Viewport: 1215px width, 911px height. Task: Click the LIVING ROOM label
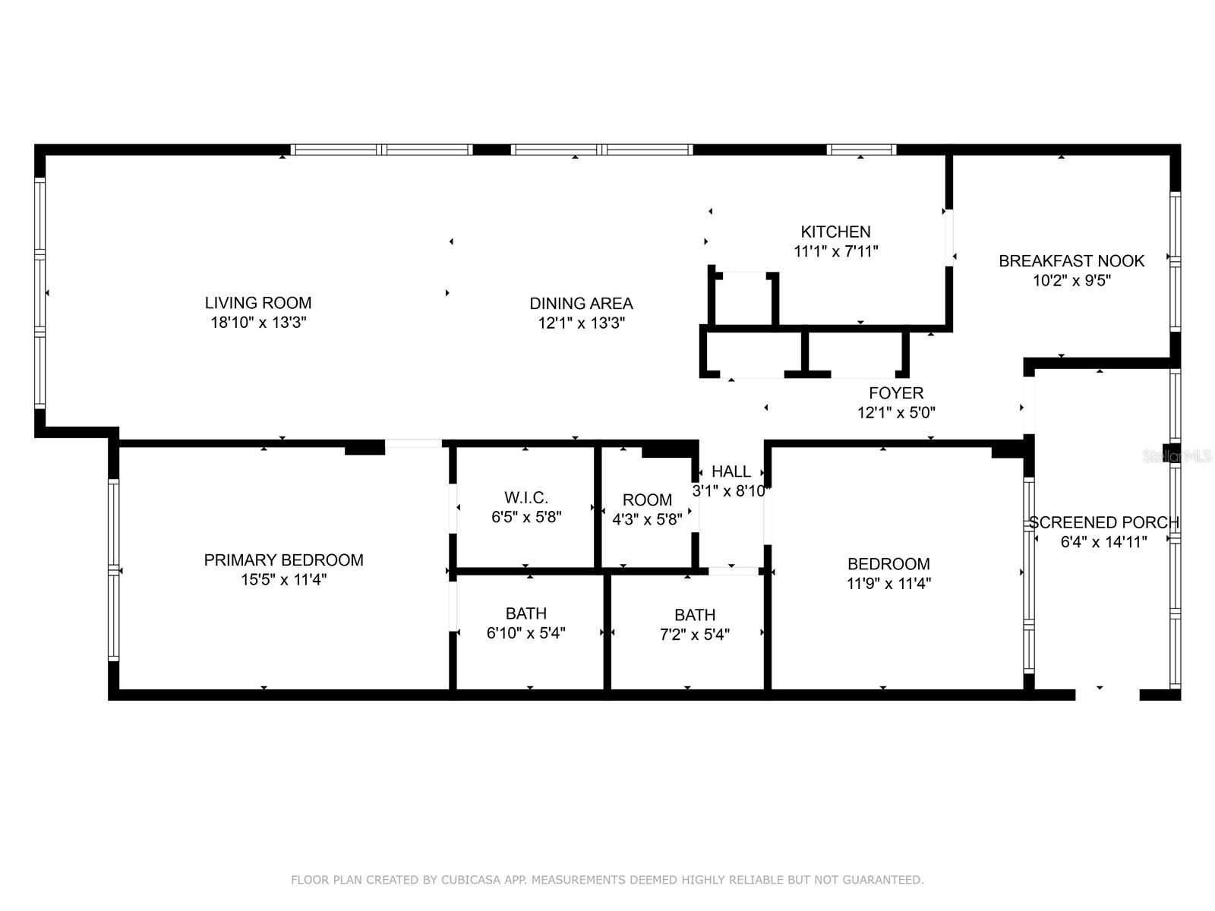click(258, 303)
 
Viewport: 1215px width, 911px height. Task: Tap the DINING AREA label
click(581, 303)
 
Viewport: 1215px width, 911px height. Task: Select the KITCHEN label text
click(835, 232)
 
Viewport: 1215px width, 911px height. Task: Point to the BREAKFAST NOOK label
click(1071, 260)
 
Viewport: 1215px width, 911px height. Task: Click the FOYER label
click(895, 392)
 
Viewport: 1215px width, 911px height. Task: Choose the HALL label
click(731, 471)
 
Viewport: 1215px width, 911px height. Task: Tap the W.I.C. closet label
click(525, 497)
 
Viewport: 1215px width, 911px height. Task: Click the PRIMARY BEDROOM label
click(283, 560)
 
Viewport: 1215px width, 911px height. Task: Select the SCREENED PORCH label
click(1103, 522)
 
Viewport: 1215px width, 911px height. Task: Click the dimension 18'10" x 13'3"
click(258, 322)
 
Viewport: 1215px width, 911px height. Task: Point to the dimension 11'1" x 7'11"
click(836, 251)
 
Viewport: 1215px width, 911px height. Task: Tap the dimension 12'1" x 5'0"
click(896, 412)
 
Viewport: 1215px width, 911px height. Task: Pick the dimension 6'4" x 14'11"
click(1103, 541)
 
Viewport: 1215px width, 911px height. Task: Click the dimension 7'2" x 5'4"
click(695, 635)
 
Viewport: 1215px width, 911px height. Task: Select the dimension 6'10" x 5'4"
click(525, 633)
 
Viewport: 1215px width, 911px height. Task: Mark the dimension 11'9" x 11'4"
click(888, 583)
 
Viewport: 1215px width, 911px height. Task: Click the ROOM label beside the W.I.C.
click(647, 500)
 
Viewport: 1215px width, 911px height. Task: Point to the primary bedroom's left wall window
click(113, 569)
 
